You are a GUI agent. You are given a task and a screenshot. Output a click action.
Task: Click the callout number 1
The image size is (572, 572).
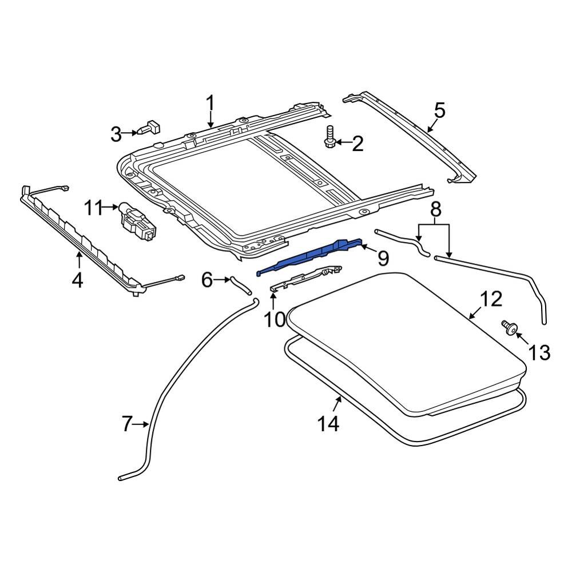tap(210, 104)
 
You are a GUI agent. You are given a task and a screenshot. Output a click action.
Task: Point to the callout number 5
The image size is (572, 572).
tap(439, 110)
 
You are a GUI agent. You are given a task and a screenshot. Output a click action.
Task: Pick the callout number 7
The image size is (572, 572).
tap(127, 424)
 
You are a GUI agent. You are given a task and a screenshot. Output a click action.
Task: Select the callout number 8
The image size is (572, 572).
tap(436, 210)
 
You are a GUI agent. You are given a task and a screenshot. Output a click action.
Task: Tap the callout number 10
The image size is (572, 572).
tap(275, 319)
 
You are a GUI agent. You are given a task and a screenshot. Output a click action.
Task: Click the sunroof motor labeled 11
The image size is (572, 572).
tap(136, 221)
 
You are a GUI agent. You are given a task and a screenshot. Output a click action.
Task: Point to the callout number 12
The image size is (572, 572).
tap(491, 299)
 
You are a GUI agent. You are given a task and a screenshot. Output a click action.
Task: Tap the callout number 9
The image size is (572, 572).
tap(383, 259)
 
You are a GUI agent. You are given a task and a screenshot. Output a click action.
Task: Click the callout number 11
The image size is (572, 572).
tap(94, 208)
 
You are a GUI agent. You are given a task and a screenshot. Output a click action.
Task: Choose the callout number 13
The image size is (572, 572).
tap(539, 352)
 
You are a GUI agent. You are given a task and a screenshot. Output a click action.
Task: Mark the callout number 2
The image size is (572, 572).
tap(357, 144)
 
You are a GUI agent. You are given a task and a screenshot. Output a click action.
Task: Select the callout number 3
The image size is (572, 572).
tap(116, 135)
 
